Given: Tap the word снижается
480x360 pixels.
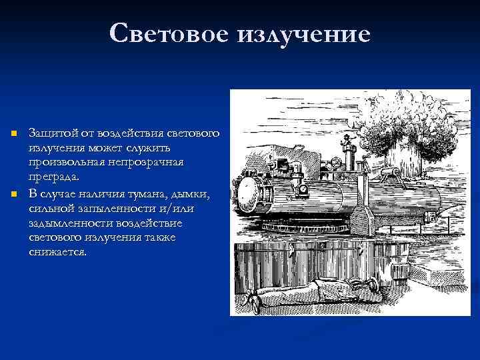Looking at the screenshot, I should click(57, 253).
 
